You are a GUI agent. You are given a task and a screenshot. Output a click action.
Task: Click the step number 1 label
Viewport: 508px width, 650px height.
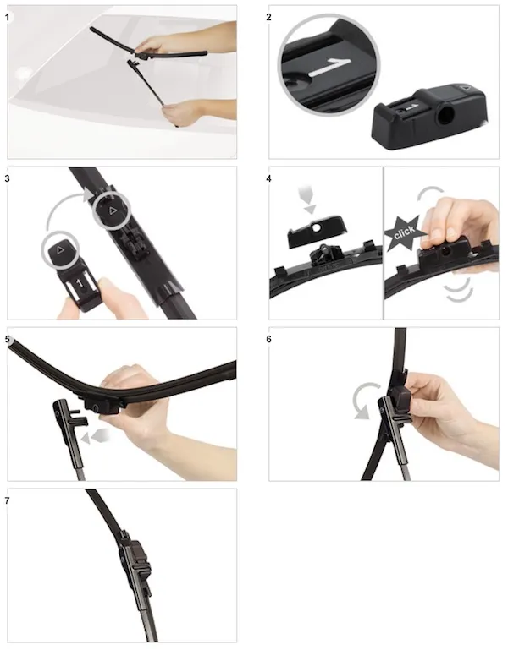point(7,18)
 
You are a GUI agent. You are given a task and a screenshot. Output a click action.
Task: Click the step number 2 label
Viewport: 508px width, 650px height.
point(268,18)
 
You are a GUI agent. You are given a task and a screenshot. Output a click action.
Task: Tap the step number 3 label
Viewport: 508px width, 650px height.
point(7,178)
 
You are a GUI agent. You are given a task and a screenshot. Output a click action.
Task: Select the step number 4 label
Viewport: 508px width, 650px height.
point(268,178)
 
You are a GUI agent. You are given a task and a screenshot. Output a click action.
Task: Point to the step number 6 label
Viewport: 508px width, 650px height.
point(268,340)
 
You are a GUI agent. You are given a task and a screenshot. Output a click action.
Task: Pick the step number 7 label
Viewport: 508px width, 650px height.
point(7,500)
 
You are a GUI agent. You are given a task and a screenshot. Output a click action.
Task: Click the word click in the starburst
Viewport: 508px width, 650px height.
point(404,232)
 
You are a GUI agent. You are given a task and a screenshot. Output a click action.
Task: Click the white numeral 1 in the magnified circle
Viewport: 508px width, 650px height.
point(330,68)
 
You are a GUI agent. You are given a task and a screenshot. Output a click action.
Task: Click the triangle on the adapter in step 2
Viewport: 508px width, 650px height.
point(465,88)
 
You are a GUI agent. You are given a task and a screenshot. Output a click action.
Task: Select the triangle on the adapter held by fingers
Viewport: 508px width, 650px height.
point(60,249)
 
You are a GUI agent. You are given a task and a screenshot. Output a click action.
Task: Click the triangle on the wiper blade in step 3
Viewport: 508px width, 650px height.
point(113,211)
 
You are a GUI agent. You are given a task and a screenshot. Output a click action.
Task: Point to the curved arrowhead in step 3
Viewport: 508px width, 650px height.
point(88,194)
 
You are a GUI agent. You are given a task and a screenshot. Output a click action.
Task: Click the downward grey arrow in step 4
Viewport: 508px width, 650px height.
point(308,199)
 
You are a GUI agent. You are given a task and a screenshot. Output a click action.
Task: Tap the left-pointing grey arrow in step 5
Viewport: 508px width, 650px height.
point(96,435)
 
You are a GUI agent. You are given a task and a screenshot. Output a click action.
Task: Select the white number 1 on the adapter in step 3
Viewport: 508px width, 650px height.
point(80,284)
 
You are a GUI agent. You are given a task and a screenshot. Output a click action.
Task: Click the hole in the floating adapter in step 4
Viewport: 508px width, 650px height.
point(317,227)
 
